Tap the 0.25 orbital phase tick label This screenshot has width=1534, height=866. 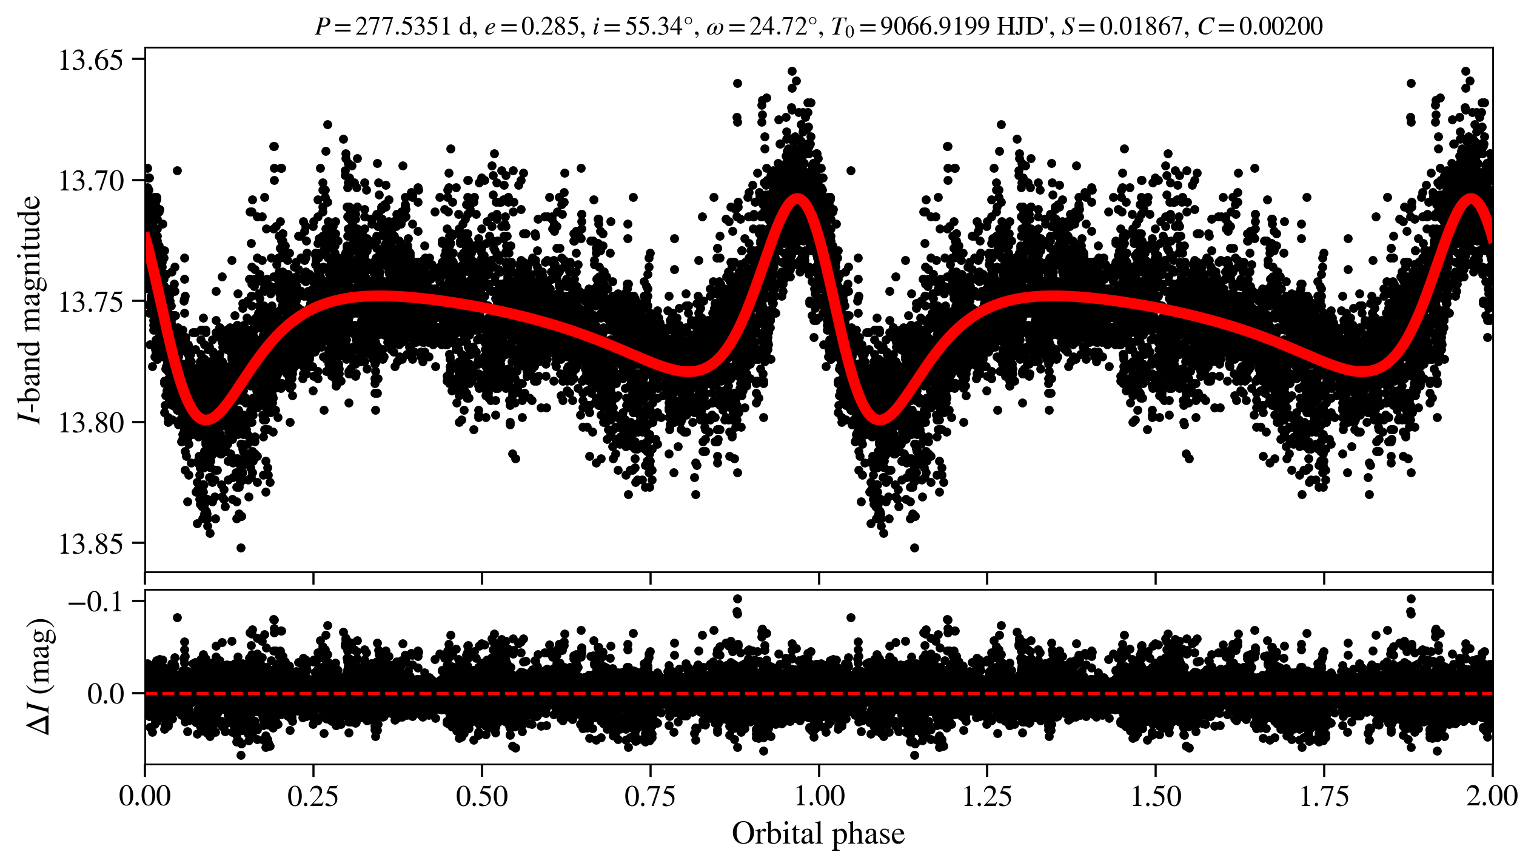313,796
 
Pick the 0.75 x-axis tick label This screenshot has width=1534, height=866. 651,796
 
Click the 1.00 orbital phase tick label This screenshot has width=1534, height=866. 819,796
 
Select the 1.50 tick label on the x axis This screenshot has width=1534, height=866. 1156,796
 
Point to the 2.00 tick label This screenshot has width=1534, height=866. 1492,796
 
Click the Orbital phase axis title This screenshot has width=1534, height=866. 818,834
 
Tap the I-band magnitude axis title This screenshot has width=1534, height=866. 30,309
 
